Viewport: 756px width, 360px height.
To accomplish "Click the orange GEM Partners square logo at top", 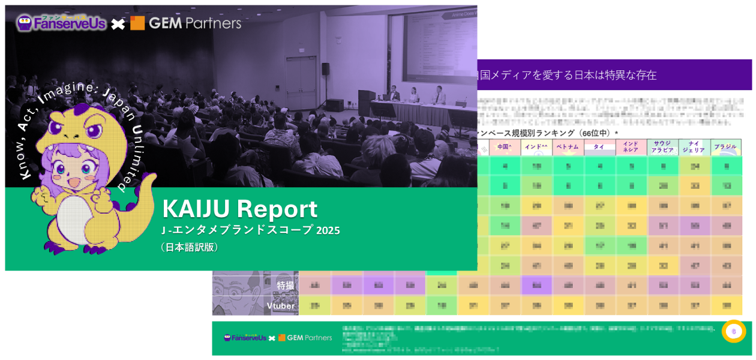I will tap(137, 23).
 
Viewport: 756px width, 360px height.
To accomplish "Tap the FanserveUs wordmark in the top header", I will tap(70, 23).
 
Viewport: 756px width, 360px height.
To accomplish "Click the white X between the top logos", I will tap(118, 24).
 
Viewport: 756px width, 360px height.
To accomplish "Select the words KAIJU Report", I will tap(240, 209).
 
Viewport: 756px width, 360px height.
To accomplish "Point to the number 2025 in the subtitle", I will tap(328, 230).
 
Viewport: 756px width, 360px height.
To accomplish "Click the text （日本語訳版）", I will tap(190, 247).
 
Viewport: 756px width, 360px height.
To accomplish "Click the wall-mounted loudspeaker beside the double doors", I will tap(325, 69).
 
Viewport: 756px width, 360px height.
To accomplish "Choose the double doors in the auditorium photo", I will tap(301, 83).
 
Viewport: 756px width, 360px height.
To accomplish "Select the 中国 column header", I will tap(505, 147).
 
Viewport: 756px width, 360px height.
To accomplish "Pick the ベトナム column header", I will tap(568, 147).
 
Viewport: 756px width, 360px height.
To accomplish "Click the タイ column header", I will tap(599, 147).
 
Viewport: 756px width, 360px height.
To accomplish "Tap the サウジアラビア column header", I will tap(662, 147).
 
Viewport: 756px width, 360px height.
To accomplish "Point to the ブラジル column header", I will tap(726, 147).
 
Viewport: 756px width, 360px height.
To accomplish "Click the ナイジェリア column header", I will tap(694, 147).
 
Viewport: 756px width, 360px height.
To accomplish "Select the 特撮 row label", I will tap(286, 286).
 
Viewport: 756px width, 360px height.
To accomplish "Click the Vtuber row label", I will tap(281, 306).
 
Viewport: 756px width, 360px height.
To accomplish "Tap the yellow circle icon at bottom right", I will tap(734, 331).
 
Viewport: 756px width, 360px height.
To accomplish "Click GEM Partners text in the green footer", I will tap(309, 338).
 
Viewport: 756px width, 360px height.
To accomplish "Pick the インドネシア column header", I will tap(631, 147).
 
